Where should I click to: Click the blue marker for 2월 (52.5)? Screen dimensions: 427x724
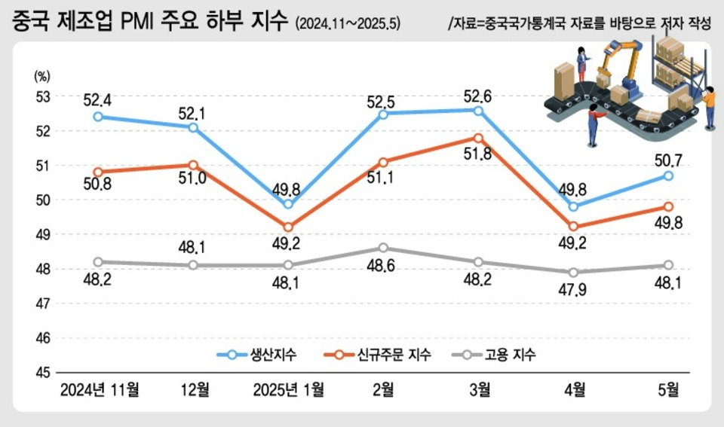383,114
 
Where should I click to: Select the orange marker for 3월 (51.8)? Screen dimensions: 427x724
478,138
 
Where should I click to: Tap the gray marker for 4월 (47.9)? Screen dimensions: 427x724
573,273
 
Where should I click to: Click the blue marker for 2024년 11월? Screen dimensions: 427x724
98,117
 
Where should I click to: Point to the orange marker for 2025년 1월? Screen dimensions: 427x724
288,227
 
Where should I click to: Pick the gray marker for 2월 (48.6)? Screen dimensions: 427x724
383,248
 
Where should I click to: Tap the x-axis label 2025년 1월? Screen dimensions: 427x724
288,389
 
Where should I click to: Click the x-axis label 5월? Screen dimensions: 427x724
668,389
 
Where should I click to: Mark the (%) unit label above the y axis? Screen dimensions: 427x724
41,75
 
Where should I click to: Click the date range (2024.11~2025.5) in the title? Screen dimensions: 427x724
348,24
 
